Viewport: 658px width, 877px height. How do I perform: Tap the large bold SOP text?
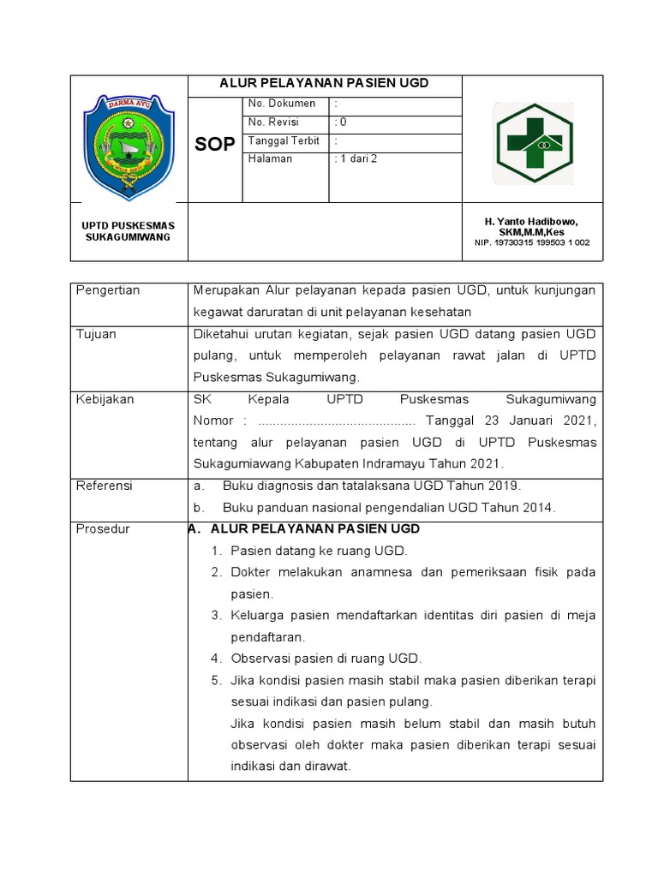214,145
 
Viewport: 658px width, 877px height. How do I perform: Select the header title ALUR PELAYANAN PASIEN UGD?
324,83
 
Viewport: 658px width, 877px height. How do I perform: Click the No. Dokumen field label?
282,104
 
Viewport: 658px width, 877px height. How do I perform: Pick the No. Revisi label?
273,122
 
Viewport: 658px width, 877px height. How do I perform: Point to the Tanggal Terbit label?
284,140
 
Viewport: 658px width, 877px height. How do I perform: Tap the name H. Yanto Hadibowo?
531,222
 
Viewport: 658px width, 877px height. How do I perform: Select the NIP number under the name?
532,242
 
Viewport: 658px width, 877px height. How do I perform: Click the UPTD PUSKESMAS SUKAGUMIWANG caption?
128,230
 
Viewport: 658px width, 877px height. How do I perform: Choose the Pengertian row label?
108,290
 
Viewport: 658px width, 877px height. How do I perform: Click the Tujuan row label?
96,334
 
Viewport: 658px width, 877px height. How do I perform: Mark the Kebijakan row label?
105,399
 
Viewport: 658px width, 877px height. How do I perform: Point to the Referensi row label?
105,486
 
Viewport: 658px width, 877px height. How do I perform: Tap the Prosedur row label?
103,529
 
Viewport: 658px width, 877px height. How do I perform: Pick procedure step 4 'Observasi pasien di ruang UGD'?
326,659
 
